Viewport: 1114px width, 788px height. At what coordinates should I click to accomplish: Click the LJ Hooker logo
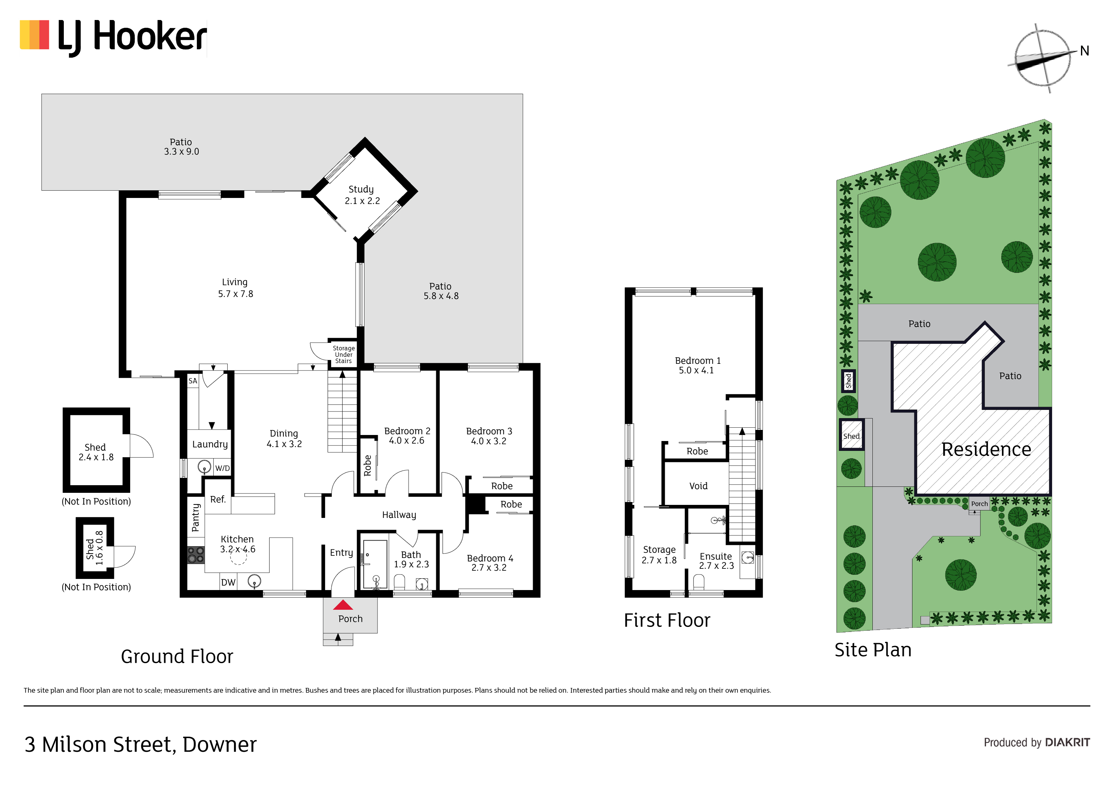tap(114, 38)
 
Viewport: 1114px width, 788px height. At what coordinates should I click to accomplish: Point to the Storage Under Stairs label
tap(344, 354)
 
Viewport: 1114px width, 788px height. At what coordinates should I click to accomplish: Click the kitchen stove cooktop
tap(196, 555)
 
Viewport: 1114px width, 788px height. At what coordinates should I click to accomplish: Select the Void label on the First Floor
tap(698, 486)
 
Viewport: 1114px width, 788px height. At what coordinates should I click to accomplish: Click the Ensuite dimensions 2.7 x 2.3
tap(716, 566)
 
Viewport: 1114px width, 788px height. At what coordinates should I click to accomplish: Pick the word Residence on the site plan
tap(986, 450)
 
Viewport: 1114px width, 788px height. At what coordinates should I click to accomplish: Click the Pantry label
tap(196, 518)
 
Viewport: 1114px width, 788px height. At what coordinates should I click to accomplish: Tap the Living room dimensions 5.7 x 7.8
tap(235, 294)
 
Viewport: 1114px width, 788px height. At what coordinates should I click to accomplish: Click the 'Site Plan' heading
tap(873, 650)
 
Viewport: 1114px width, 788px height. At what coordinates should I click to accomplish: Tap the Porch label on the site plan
tap(979, 504)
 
